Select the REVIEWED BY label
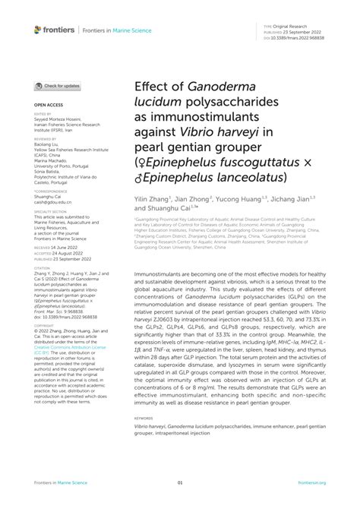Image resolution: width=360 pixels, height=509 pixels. pyautogui.click(x=45, y=139)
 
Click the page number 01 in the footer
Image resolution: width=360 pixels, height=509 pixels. pyautogui.click(x=180, y=482)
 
